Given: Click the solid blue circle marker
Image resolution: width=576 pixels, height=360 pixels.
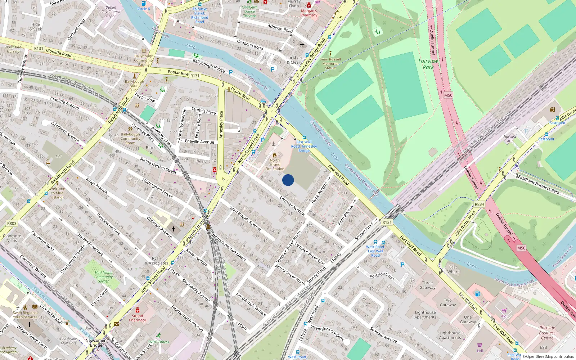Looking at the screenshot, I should click(x=288, y=180).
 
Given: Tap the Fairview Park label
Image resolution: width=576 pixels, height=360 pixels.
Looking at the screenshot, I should click(x=428, y=64).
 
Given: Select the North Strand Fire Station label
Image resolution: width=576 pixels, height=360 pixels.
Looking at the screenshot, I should click(x=275, y=165).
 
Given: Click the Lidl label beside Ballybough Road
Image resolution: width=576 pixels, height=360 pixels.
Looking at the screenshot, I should click(x=58, y=156).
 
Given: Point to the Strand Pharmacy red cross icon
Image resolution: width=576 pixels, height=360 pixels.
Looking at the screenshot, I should click(x=137, y=310).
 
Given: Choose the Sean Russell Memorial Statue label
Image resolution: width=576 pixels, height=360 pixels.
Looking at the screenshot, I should click(x=330, y=63).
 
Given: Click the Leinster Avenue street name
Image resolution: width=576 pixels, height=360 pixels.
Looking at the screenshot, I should click(x=292, y=206).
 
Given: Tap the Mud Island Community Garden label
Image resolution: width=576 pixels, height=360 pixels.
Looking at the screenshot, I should click(x=103, y=277).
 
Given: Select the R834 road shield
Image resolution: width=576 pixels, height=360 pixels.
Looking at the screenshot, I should click(x=479, y=204).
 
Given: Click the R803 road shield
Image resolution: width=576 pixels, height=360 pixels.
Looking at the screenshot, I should click(x=12, y=224).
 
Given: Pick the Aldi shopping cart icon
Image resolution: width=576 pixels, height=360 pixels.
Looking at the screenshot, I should click(x=504, y=310).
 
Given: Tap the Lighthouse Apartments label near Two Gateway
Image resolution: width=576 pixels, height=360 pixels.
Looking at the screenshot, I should click(x=425, y=315).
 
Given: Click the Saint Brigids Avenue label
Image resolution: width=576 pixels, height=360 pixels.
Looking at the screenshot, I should click(x=245, y=218).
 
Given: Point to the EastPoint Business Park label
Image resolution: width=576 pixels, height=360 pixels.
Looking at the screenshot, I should click(x=538, y=184).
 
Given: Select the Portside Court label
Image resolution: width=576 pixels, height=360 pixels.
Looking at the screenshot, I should click(x=382, y=276).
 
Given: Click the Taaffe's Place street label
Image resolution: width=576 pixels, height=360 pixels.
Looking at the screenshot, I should click(x=204, y=111).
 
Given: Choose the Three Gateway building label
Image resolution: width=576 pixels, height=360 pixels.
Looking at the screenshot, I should click(x=427, y=285).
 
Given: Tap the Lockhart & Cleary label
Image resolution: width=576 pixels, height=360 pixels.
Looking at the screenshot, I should click(x=294, y=60).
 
